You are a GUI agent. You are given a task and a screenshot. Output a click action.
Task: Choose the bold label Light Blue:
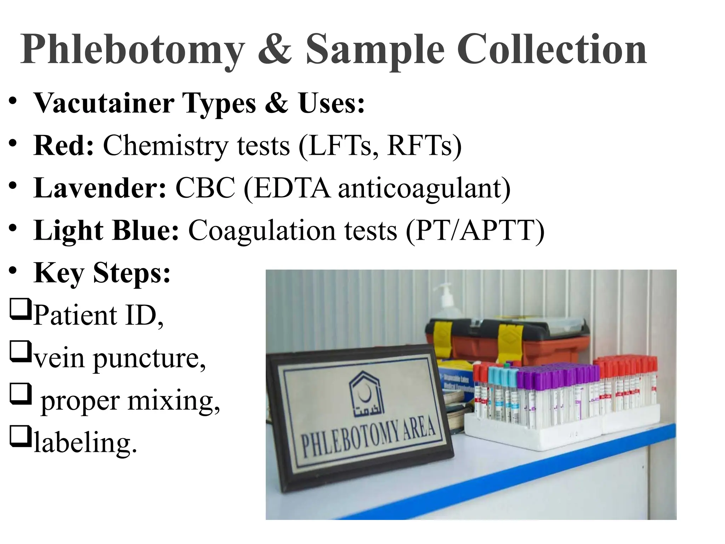click(x=106, y=231)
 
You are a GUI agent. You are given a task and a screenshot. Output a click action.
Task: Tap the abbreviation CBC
click(x=205, y=188)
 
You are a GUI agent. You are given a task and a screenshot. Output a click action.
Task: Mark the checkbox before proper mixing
click(x=20, y=394)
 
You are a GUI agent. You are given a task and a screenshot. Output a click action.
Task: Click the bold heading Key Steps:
click(x=102, y=273)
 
